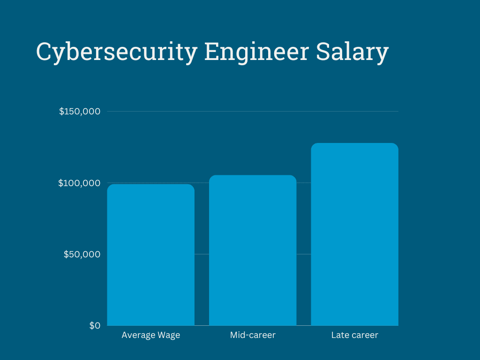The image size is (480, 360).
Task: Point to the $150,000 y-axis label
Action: (x=80, y=112)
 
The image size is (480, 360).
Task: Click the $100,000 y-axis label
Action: (x=79, y=183)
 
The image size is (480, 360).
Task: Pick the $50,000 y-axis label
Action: (x=82, y=254)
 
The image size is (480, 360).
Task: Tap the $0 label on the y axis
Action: (x=95, y=326)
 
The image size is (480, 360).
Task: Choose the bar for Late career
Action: (x=354, y=234)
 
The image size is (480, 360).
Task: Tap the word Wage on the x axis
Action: (x=169, y=335)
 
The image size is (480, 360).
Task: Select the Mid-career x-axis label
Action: (x=253, y=335)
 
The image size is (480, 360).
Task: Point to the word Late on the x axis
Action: (x=339, y=335)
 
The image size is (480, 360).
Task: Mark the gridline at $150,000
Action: (x=253, y=112)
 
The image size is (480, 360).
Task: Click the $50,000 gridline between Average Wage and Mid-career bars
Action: (x=202, y=254)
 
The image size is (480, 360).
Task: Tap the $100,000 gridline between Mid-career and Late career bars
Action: (x=304, y=183)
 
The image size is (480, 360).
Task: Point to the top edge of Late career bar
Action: (x=354, y=143)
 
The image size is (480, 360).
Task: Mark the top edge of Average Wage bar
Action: (x=150, y=185)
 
